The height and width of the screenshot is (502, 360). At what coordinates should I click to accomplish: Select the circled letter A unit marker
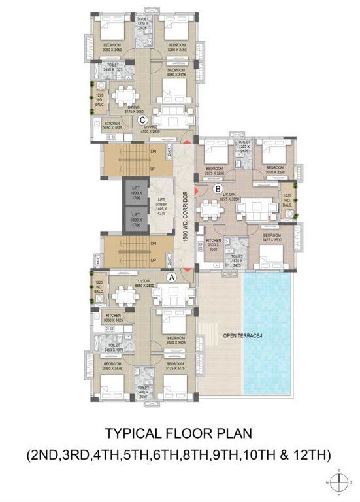[172, 276]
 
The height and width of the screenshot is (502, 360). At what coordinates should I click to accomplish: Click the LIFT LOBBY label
[159, 205]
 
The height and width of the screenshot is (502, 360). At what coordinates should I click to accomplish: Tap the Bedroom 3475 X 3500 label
[271, 237]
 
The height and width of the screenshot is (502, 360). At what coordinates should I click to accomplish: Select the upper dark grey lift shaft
[136, 194]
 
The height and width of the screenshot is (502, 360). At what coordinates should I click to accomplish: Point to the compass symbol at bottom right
[339, 483]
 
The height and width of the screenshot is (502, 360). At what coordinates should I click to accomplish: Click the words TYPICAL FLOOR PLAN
[178, 433]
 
